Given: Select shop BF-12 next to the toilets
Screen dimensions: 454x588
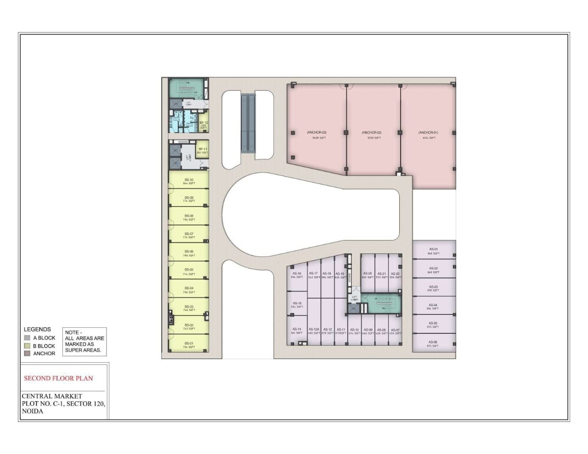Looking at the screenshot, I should coord(204,124).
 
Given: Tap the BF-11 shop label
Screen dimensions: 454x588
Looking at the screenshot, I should coord(203,150).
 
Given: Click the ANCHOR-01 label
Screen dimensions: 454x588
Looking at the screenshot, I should coord(428,133).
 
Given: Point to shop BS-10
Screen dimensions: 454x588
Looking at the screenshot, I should coord(189,180).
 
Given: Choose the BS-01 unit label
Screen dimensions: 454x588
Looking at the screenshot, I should coord(189,343).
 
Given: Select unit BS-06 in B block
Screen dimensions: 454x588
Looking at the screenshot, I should coord(189,252).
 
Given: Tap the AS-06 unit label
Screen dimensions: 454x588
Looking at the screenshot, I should coord(433,342).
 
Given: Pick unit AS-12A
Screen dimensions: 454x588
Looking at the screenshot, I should coord(314,330).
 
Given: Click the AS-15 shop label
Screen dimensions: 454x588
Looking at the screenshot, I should coord(297,303).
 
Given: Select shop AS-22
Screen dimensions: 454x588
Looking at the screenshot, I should coord(395,274).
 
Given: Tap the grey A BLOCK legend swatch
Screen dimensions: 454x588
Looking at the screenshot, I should coord(28,338).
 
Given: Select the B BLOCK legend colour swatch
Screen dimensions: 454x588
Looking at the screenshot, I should coord(28,346).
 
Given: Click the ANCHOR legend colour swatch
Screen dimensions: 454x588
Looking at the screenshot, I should coord(28,353).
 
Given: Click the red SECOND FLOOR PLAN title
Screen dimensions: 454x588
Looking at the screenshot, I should coord(58,378).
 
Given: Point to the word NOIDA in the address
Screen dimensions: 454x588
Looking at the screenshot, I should coord(33,411).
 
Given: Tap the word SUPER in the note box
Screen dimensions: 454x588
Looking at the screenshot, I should coord(73,350).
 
